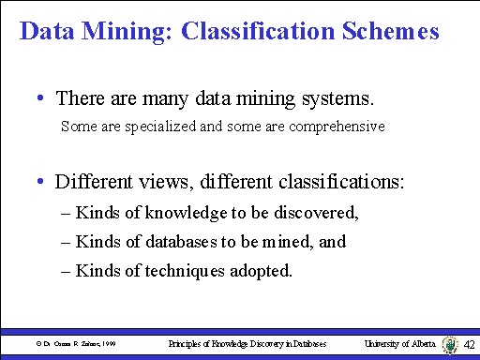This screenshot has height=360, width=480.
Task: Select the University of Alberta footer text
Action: [399, 344]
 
